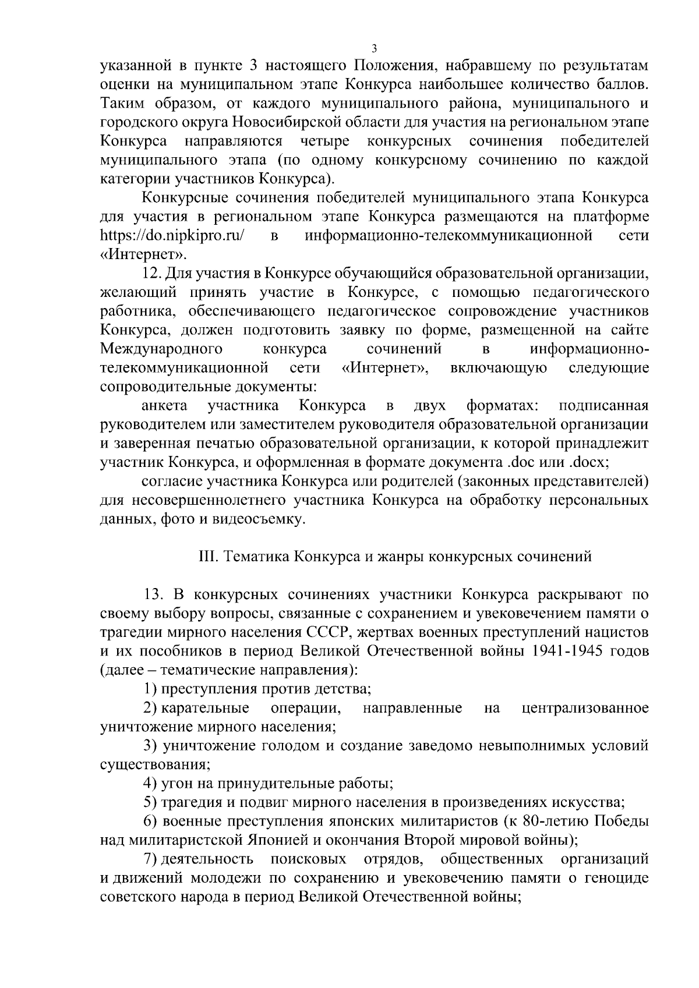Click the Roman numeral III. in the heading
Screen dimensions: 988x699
pos(207,557)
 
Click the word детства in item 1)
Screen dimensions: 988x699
pos(342,689)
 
